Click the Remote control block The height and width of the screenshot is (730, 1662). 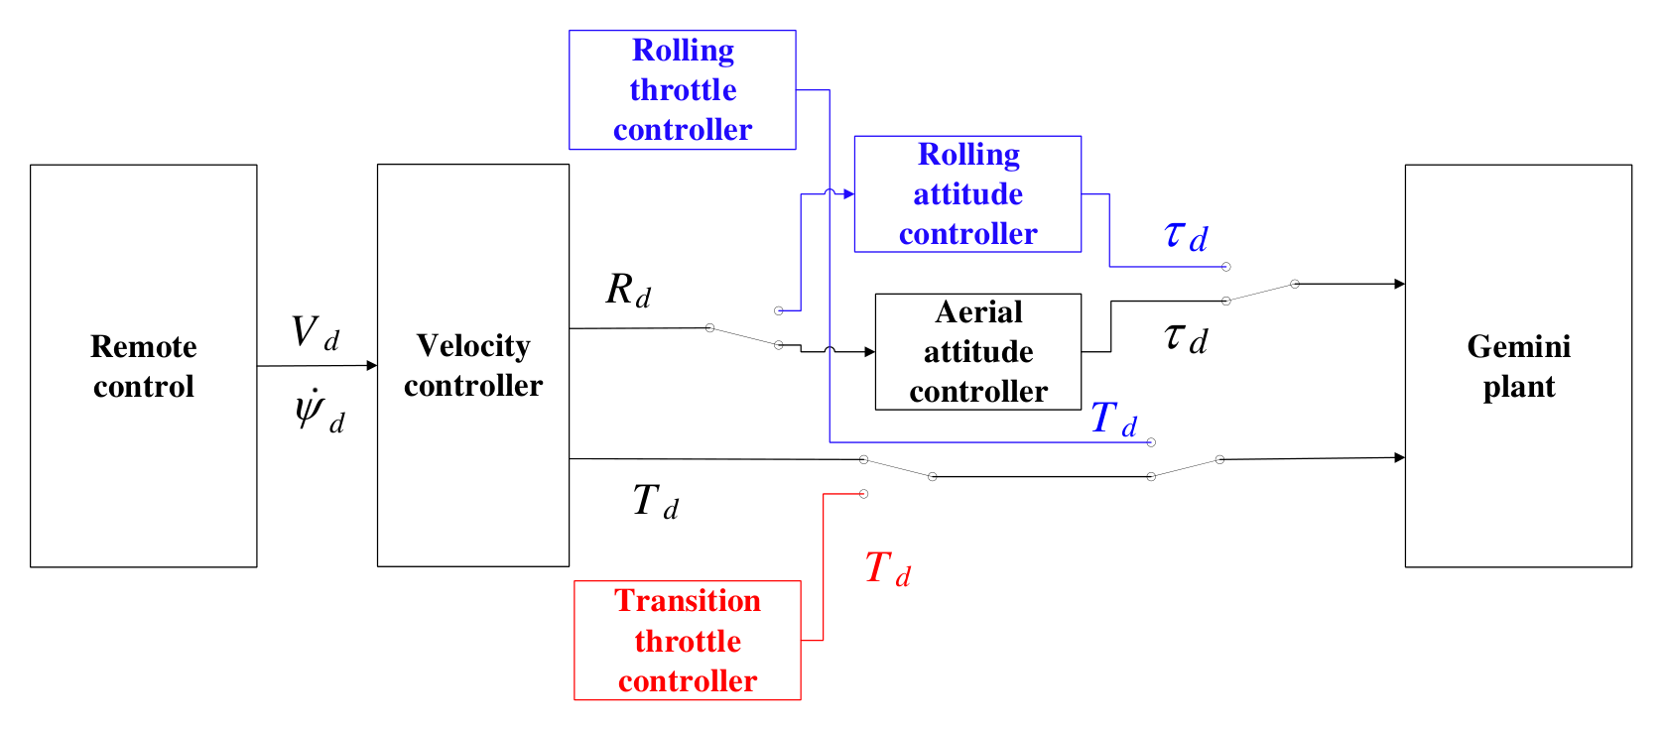pos(143,366)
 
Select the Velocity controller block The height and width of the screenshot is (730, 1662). pos(472,365)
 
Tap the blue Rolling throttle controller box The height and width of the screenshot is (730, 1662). pos(682,90)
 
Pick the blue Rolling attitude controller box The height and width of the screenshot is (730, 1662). pos(967,193)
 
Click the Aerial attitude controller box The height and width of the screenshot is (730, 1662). pos(978,352)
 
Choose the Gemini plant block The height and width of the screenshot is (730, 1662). pos(1518,366)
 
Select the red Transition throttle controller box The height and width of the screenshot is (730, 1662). pos(687,640)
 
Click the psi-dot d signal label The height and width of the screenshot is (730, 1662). pos(320,411)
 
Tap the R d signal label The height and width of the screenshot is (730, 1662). pos(628,290)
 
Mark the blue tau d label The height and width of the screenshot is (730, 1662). pos(1186,235)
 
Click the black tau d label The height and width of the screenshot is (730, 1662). pos(1186,338)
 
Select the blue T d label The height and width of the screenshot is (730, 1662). pos(1113,419)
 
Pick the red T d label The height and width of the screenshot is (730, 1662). pos(887,569)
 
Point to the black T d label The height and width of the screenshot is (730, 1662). pos(655,501)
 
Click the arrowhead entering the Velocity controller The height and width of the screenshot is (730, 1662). pos(372,365)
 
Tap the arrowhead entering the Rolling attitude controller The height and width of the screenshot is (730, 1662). pos(849,193)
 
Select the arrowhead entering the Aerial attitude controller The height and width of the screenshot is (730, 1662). pos(870,352)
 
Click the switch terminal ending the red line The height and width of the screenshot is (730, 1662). pos(863,493)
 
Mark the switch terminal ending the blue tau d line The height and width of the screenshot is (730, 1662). pos(1226,267)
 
